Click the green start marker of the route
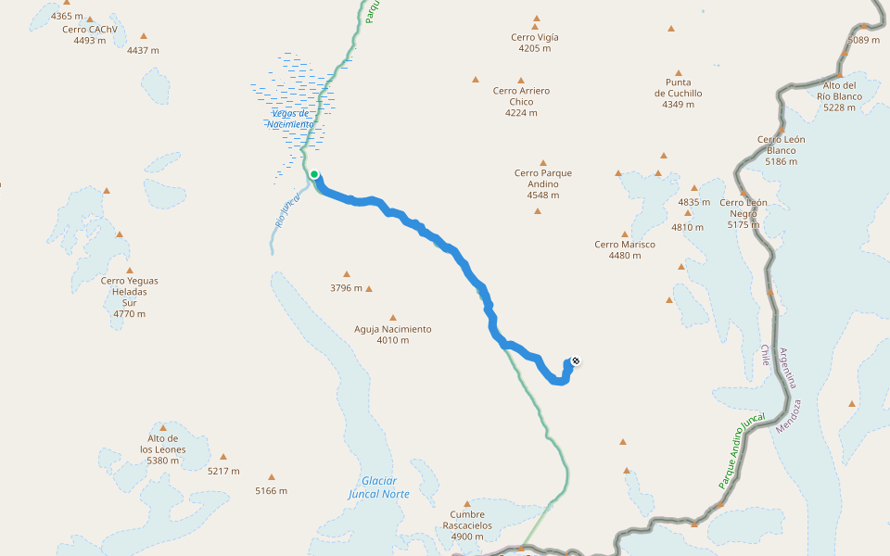(x=314, y=174)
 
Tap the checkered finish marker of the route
(x=576, y=360)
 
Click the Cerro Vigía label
(x=535, y=43)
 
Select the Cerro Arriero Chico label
(x=521, y=102)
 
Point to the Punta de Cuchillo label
(x=678, y=93)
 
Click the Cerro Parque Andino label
(x=542, y=183)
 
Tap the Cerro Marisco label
(x=625, y=249)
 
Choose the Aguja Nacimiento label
(x=393, y=335)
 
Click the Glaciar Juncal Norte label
(x=379, y=487)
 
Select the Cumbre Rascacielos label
(x=467, y=525)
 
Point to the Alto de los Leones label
(x=163, y=449)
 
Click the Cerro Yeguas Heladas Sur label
(x=129, y=297)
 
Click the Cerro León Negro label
(x=744, y=213)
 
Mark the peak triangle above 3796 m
(x=347, y=274)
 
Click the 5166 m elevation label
(x=271, y=491)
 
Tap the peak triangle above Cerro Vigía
(x=536, y=19)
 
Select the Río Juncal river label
(x=287, y=209)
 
